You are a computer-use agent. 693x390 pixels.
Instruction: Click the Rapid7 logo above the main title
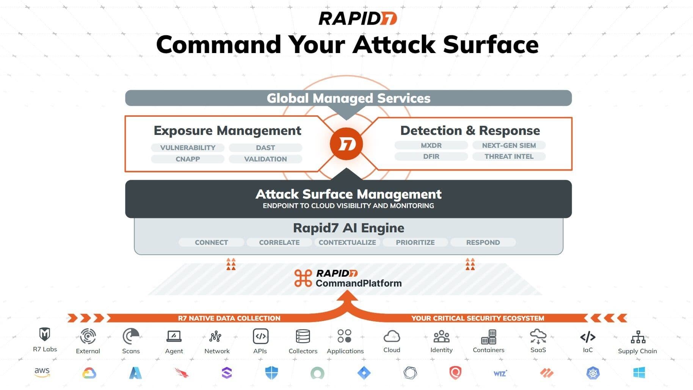click(357, 18)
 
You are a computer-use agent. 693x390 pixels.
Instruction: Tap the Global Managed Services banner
click(348, 98)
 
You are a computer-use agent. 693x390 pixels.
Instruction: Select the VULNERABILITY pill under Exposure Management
click(188, 148)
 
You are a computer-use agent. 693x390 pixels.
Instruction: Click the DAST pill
click(265, 148)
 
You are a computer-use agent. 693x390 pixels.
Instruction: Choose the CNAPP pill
click(188, 159)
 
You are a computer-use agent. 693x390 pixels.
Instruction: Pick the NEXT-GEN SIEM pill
click(509, 146)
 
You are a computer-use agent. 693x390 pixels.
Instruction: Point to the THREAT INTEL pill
click(509, 157)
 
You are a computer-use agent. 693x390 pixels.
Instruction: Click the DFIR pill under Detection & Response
click(431, 157)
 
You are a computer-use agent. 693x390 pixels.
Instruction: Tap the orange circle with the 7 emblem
click(346, 144)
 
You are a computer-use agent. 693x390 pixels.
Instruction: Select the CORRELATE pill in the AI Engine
click(279, 243)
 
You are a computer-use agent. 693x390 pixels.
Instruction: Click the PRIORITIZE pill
click(415, 243)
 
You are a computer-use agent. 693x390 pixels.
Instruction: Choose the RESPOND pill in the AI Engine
click(483, 243)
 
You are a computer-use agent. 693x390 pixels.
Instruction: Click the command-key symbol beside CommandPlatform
click(303, 278)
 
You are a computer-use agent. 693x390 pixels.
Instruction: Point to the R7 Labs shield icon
click(45, 334)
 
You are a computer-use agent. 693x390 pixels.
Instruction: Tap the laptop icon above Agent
click(174, 336)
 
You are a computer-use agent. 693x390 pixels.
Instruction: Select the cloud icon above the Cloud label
click(392, 336)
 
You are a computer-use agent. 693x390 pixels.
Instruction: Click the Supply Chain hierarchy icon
click(638, 337)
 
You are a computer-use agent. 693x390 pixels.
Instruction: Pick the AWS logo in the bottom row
click(42, 372)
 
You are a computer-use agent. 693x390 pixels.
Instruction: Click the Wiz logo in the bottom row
click(500, 373)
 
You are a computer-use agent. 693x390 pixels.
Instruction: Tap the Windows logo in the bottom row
click(639, 373)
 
